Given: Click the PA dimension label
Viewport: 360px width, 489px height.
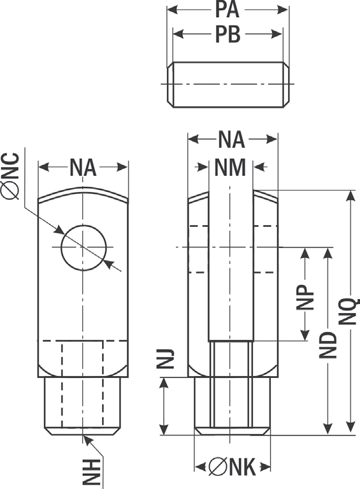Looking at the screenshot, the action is (227, 10).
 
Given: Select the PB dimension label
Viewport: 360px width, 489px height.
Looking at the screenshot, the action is (228, 34).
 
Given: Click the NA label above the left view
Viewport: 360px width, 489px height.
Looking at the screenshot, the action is (83, 168).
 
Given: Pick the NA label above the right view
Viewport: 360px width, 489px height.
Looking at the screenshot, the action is (231, 140).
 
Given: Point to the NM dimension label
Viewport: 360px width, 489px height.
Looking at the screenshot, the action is (230, 168).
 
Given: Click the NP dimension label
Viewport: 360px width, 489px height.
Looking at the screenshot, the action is (305, 297).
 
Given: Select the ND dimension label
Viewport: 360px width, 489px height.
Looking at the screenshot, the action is (328, 346).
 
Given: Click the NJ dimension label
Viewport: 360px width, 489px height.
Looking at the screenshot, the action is (165, 360).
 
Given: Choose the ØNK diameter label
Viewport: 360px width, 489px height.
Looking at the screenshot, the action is (232, 467).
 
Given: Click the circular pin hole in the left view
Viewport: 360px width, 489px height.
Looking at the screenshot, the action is (83, 247).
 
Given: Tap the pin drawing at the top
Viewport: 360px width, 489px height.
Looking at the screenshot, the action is (228, 85).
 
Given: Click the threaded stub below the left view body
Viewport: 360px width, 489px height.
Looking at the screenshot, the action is (83, 406).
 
